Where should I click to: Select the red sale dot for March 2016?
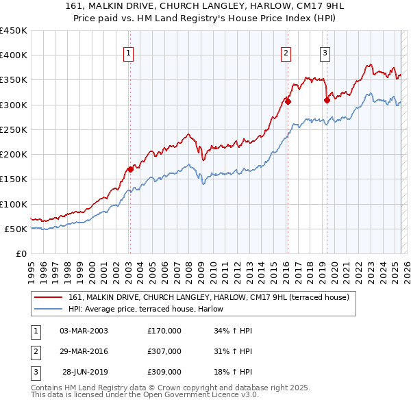click(x=288, y=101)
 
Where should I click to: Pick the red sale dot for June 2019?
click(x=327, y=100)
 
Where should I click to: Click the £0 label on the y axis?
click(x=21, y=254)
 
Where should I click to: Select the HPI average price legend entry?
click(x=151, y=309)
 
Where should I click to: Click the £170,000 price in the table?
click(x=164, y=331)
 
